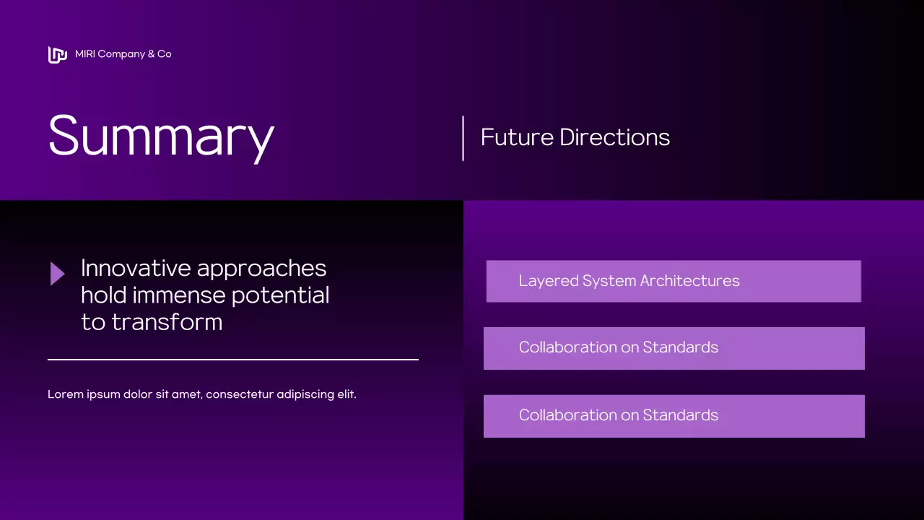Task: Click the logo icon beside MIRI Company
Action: [57, 54]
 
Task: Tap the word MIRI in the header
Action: [84, 54]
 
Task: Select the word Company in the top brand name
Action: [121, 54]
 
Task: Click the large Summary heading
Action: [161, 136]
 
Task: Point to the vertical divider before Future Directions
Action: [463, 138]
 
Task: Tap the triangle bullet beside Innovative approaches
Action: [57, 274]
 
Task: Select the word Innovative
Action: [136, 268]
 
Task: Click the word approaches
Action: [261, 269]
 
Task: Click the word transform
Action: [167, 321]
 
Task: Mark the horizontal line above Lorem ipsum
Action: [232, 359]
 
